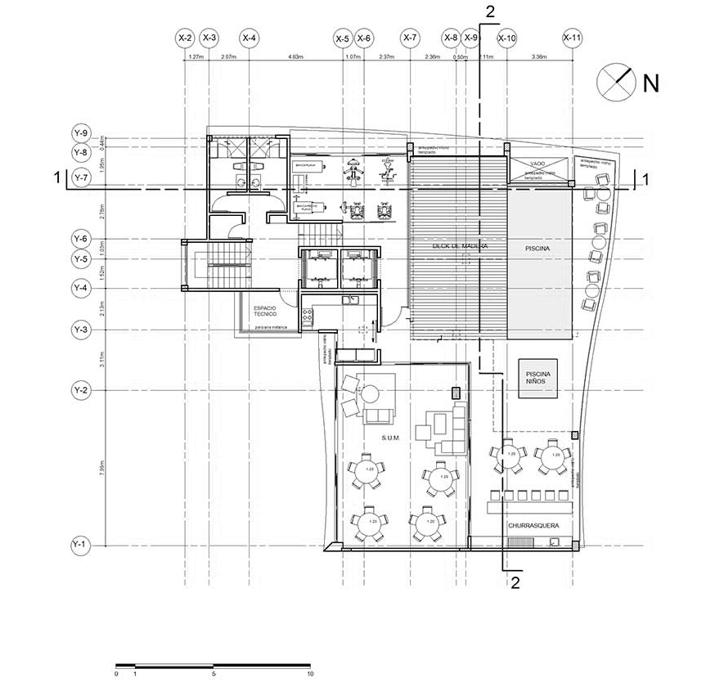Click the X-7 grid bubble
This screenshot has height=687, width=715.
(410, 38)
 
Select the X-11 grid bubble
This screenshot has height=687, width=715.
(572, 38)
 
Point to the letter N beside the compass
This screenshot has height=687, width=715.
(651, 83)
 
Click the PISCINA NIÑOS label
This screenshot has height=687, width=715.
(538, 377)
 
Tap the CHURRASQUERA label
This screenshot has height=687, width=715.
(533, 527)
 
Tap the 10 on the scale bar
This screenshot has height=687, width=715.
(310, 675)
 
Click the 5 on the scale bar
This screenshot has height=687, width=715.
(214, 675)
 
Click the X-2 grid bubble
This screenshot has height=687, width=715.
(186, 38)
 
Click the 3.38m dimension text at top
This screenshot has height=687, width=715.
(539, 57)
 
